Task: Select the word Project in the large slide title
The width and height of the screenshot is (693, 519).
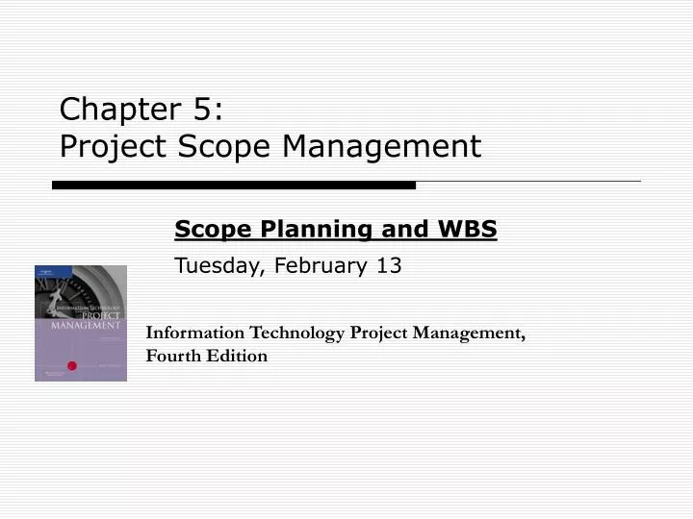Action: tap(99, 147)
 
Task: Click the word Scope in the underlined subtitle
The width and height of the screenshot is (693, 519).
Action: tap(206, 230)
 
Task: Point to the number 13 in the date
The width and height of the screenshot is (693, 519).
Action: tap(390, 265)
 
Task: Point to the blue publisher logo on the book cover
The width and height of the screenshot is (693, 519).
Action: tap(43, 275)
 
